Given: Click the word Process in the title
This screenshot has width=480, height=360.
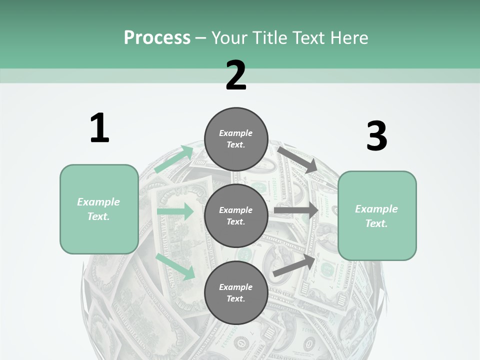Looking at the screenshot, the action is (157, 38).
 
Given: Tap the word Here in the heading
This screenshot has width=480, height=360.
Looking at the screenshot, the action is (348, 38).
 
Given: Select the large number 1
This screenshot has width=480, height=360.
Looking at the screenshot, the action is (99, 128).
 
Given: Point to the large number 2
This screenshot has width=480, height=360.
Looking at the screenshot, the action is (236, 75).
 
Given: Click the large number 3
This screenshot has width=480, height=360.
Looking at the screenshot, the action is (376, 136).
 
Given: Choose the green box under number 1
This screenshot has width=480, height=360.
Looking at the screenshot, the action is (99, 209).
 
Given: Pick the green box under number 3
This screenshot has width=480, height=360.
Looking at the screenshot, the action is (377, 216).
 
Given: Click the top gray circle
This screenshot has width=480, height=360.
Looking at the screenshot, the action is (236, 139).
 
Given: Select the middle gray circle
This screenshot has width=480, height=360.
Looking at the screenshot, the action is (236, 216).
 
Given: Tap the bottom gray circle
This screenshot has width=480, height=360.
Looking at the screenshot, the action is (236, 293).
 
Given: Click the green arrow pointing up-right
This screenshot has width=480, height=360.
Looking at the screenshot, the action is (174, 159).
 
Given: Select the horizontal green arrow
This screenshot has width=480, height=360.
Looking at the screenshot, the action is (175, 211).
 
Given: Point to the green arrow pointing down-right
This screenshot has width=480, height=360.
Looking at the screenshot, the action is (175, 266).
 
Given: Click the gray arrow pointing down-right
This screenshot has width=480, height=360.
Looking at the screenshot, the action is (297, 159).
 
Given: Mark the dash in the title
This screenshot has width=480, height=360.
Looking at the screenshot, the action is (200, 38).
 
